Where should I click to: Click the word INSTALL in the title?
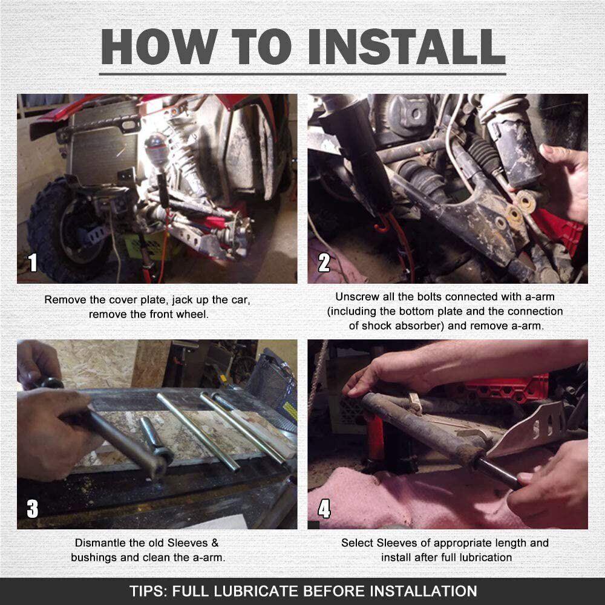click(x=407, y=47)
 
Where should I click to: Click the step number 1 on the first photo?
click(x=33, y=263)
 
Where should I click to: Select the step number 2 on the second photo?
click(x=324, y=263)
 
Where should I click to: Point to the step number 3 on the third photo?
click(x=33, y=509)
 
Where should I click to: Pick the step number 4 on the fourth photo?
click(x=324, y=509)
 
